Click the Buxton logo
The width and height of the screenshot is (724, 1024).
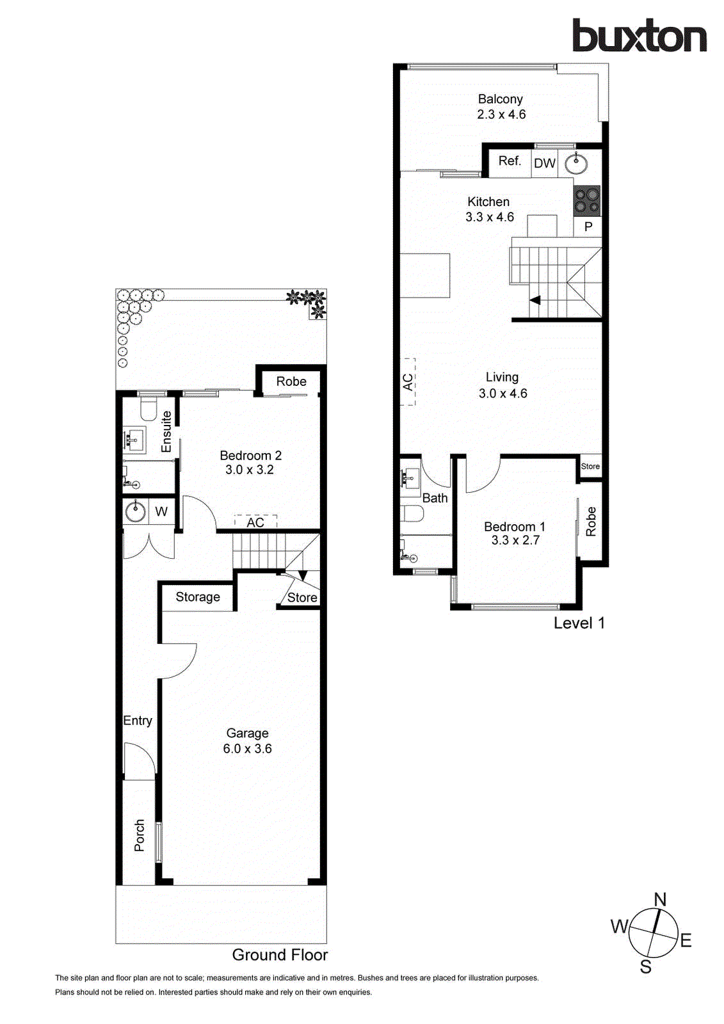click(x=639, y=36)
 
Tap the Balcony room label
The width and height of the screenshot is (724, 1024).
click(x=500, y=99)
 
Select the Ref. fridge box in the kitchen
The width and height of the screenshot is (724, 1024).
click(x=510, y=161)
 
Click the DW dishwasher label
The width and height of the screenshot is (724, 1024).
click(x=545, y=163)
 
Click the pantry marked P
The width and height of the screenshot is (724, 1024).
click(x=588, y=227)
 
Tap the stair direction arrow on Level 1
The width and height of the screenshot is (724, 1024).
click(x=535, y=300)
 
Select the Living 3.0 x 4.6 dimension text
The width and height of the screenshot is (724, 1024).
click(x=503, y=394)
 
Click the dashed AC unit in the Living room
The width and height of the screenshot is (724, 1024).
click(x=408, y=382)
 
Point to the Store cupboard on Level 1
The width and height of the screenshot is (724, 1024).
click(x=590, y=466)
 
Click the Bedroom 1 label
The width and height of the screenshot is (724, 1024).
click(x=514, y=527)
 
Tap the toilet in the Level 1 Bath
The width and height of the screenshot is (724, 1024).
click(x=412, y=513)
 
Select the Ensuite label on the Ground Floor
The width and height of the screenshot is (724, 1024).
click(x=166, y=431)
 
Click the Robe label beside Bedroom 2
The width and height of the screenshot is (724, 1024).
click(x=291, y=381)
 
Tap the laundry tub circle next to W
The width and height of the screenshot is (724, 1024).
click(x=135, y=511)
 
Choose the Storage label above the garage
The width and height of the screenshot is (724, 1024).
click(x=198, y=597)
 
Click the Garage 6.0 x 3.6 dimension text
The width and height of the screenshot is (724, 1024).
click(x=247, y=749)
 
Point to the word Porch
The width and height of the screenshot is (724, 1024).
click(x=140, y=835)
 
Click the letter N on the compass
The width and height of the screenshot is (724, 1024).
click(x=660, y=899)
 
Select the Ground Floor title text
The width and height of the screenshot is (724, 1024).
click(x=280, y=955)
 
